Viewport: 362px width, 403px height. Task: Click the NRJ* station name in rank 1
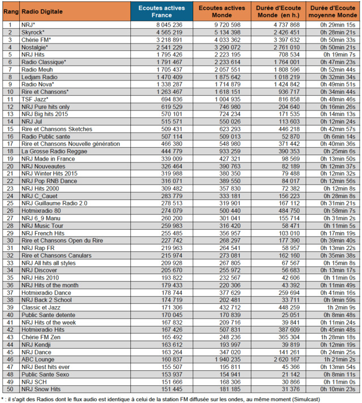point(29,25)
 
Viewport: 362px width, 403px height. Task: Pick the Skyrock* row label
point(33,33)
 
